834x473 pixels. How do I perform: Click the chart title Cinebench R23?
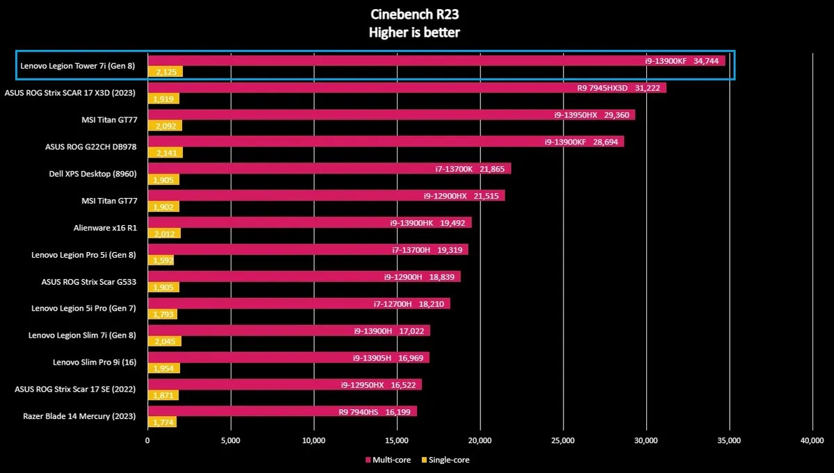(x=415, y=15)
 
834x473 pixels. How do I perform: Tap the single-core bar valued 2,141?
(x=165, y=153)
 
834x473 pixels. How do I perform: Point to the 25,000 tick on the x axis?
(x=563, y=440)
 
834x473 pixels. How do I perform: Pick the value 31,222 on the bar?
(x=650, y=88)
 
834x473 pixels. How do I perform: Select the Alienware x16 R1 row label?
(x=105, y=227)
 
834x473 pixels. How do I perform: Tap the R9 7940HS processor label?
(x=358, y=411)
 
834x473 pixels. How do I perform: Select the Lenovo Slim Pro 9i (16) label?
(x=95, y=362)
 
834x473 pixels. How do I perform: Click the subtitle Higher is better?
(x=415, y=33)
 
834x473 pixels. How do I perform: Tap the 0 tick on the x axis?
(x=147, y=440)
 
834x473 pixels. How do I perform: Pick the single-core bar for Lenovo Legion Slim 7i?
(x=165, y=341)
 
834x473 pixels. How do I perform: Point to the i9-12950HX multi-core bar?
(x=285, y=384)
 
